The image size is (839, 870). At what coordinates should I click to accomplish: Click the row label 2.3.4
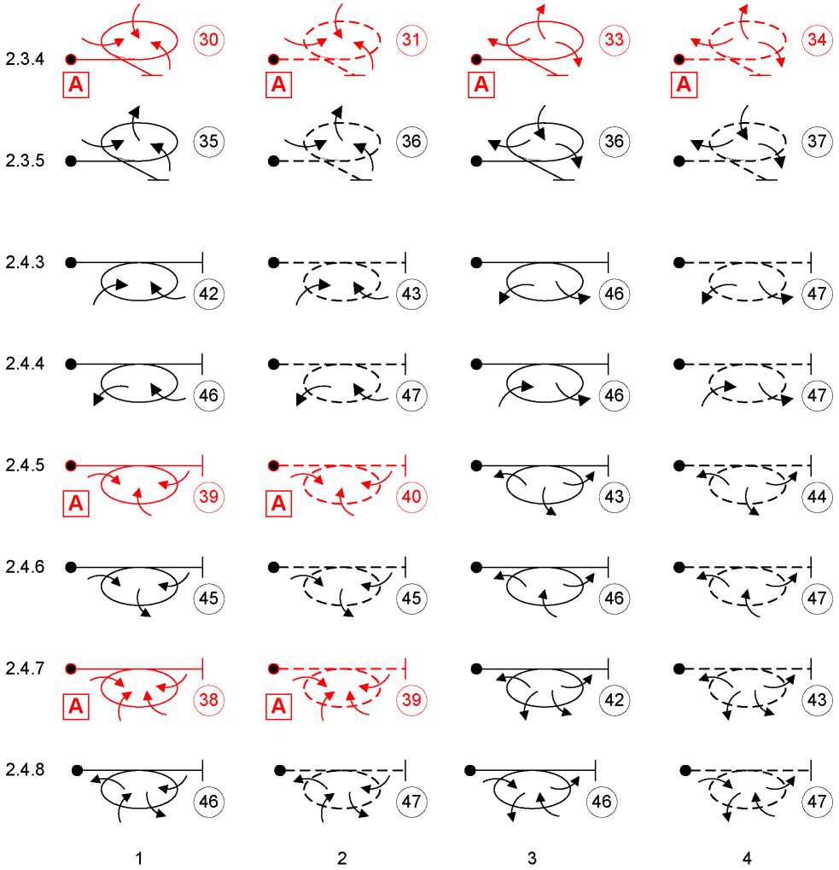25,59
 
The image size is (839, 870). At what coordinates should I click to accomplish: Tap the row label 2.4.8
25,769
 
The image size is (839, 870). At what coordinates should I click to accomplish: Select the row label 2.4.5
25,465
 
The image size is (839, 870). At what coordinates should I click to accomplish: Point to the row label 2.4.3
25,262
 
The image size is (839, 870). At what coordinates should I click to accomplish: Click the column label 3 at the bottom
532,858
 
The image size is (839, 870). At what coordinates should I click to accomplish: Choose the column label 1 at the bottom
139,858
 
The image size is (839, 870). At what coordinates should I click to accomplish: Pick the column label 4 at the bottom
747,858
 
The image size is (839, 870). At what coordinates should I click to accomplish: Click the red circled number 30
208,39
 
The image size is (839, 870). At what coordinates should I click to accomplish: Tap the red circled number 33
615,39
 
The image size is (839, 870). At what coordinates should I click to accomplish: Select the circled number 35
208,141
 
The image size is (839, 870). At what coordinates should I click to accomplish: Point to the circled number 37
817,141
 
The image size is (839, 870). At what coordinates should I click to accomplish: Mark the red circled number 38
208,699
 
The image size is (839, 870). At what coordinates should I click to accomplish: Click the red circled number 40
411,496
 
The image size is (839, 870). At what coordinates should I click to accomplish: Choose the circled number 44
817,496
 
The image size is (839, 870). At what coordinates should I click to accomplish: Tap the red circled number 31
411,39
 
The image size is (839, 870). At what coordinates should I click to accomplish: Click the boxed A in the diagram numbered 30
76,85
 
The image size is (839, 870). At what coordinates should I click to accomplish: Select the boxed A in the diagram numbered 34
685,85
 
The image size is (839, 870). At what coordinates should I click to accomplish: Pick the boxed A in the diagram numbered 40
278,503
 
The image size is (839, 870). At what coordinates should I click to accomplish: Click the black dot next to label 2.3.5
71,161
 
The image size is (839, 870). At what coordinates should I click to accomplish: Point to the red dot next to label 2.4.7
71,669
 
